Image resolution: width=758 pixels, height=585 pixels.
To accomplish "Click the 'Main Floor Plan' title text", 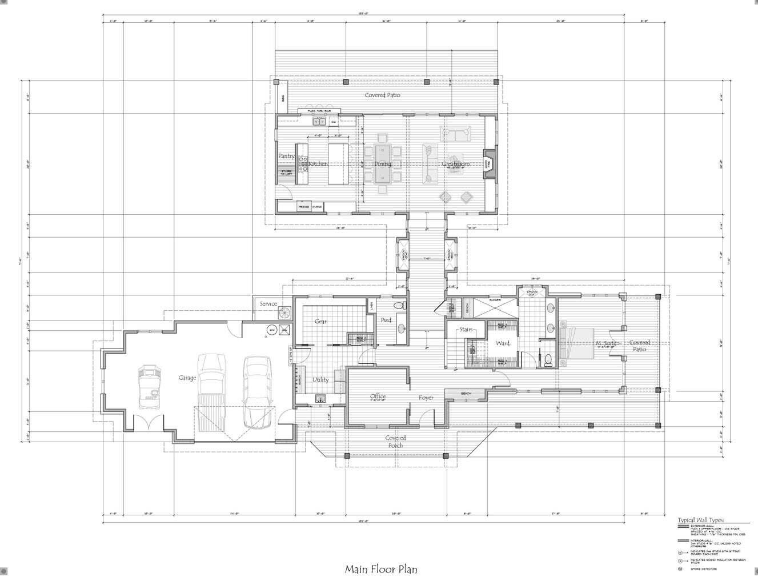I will pyautogui.click(x=381, y=569).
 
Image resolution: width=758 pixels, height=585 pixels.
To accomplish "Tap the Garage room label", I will pyautogui.click(x=187, y=378).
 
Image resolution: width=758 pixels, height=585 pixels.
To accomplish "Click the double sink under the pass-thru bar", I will pyautogui.click(x=319, y=121).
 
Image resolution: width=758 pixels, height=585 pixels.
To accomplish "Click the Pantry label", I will pyautogui.click(x=286, y=156).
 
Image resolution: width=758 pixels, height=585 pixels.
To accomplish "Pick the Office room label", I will pyautogui.click(x=378, y=396).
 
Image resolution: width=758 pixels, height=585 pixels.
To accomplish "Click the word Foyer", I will pyautogui.click(x=426, y=397).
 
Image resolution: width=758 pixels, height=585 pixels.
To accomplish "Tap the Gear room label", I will pyautogui.click(x=321, y=322).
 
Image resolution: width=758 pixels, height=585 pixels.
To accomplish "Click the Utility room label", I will pyautogui.click(x=320, y=380).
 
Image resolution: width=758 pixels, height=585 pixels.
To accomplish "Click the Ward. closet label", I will pyautogui.click(x=503, y=343).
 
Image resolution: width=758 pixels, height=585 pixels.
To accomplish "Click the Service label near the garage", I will pyautogui.click(x=268, y=304).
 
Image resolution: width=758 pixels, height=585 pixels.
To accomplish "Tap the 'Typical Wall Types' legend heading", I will pyautogui.click(x=701, y=520).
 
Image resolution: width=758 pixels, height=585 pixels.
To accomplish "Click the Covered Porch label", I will pyautogui.click(x=395, y=442).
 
